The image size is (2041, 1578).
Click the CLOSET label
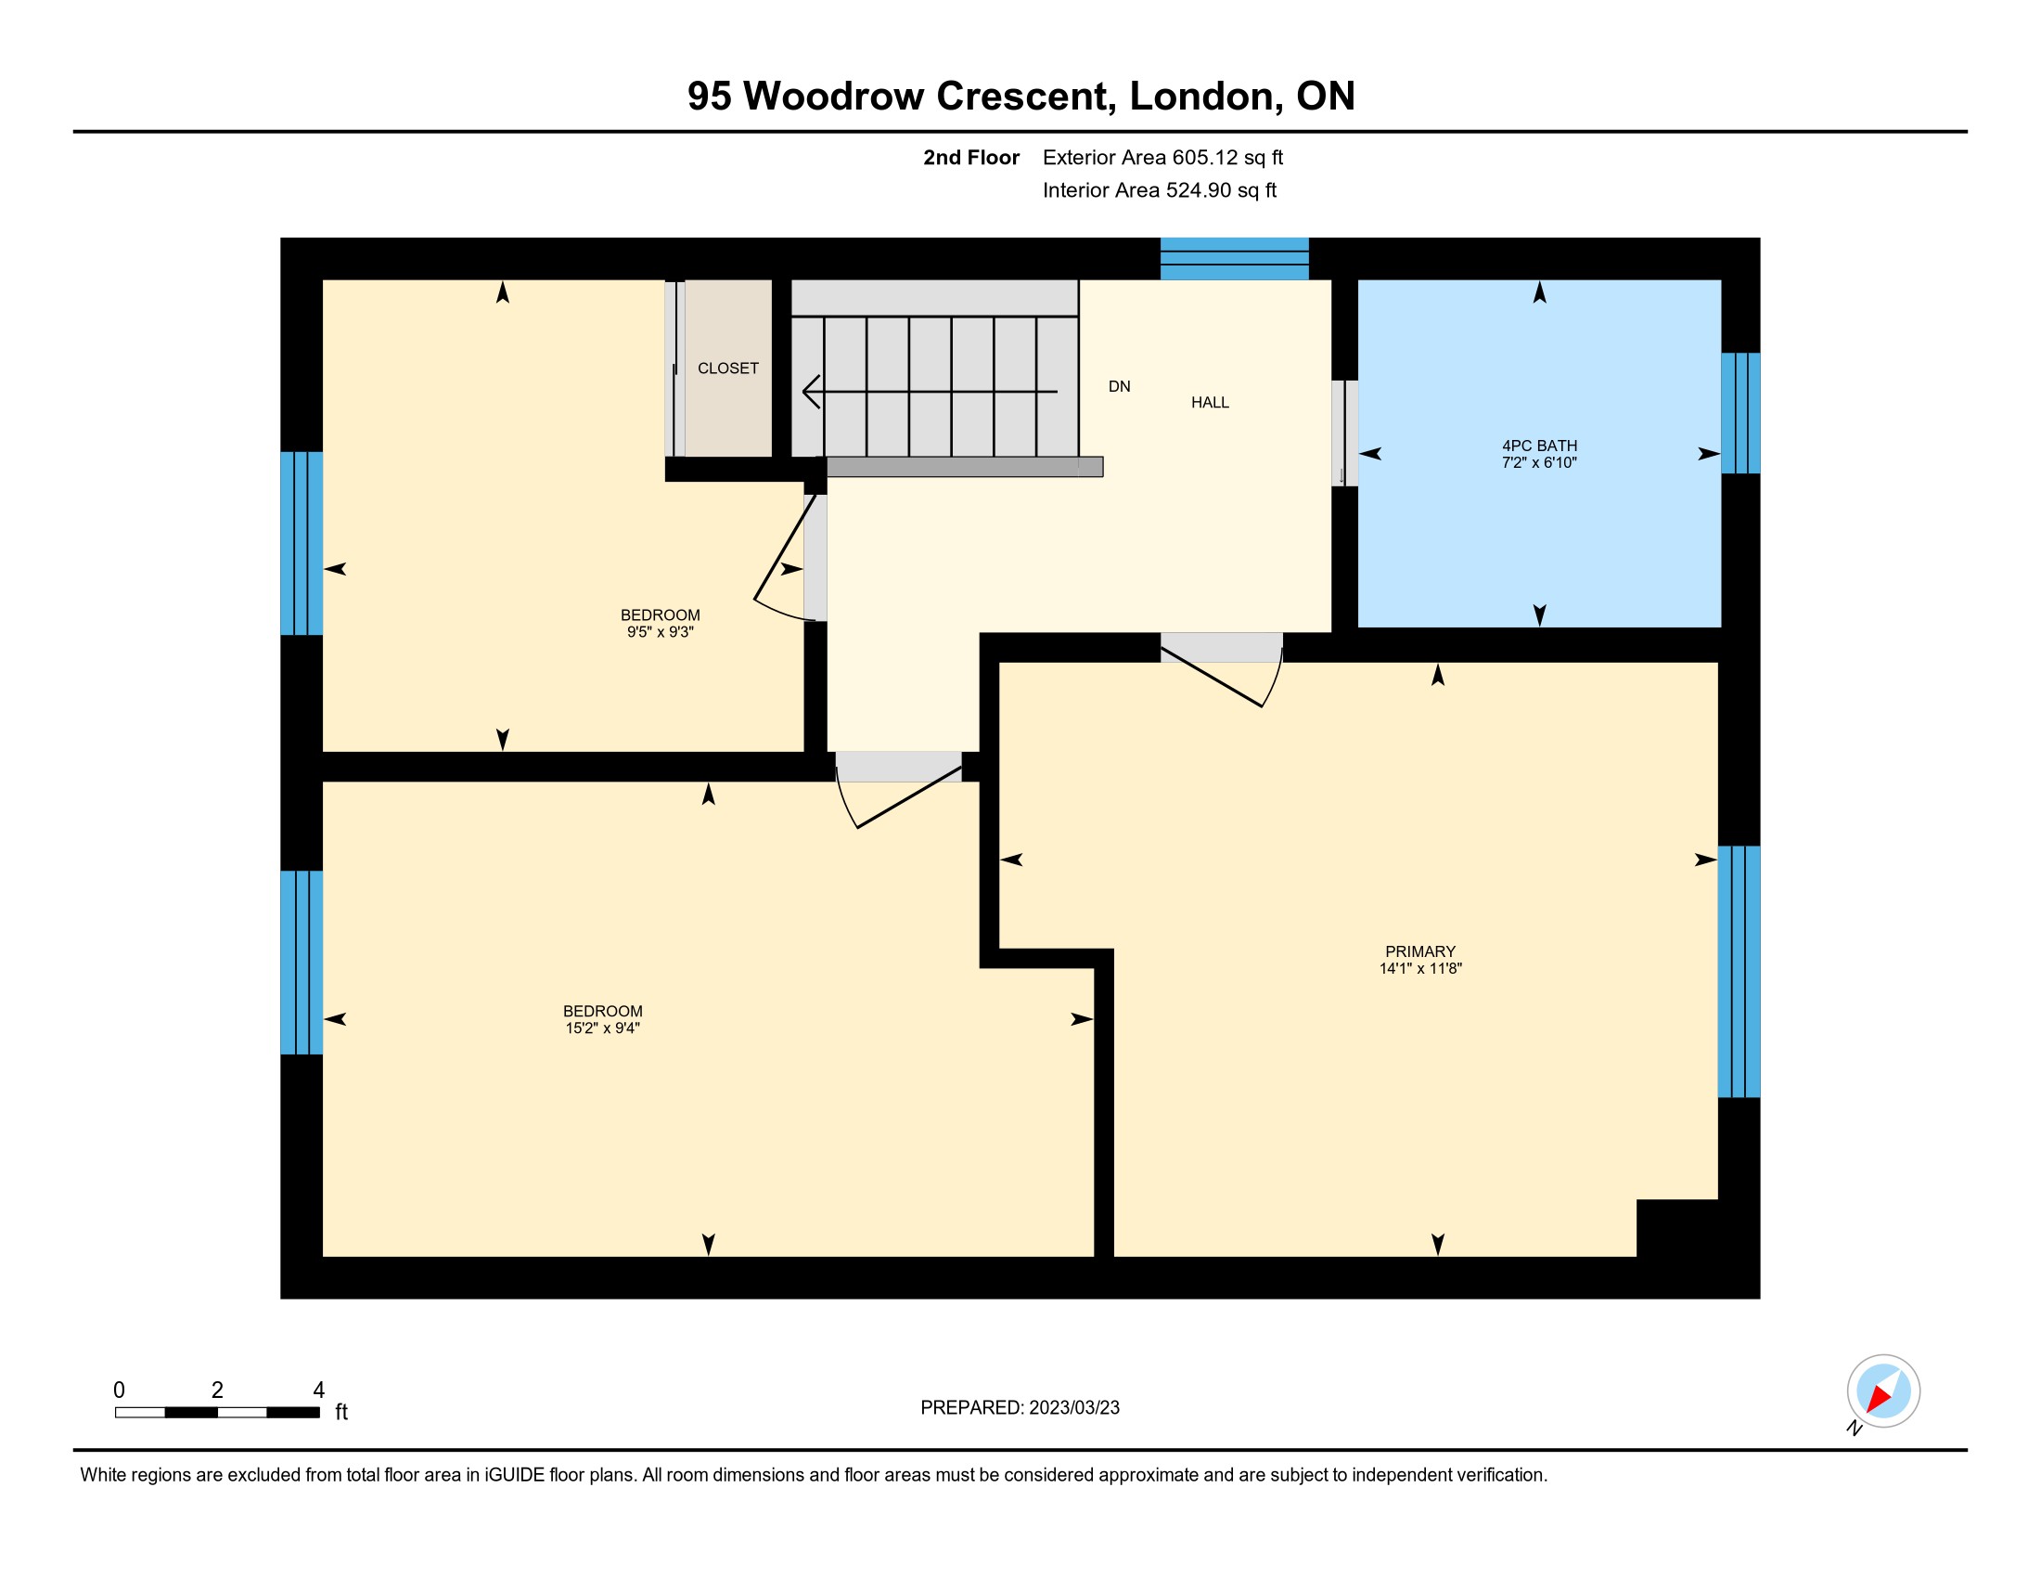point(728,369)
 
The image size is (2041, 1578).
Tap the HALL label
point(1209,403)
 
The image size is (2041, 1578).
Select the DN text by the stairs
point(1120,387)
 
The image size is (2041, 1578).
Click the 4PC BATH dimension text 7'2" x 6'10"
point(1539,463)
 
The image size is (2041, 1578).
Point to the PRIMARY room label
point(1420,951)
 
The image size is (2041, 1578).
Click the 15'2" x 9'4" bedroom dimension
point(603,1028)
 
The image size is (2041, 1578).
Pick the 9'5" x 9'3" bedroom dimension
point(660,633)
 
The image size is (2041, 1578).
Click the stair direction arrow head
point(811,392)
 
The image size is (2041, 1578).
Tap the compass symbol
point(1883,1392)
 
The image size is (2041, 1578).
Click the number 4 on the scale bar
point(318,1390)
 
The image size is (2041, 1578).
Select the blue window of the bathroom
point(1740,413)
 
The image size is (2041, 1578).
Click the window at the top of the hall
point(1235,259)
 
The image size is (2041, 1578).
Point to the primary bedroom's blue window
point(1739,971)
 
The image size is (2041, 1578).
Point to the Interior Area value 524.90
point(1198,190)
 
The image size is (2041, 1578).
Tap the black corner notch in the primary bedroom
point(1677,1228)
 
